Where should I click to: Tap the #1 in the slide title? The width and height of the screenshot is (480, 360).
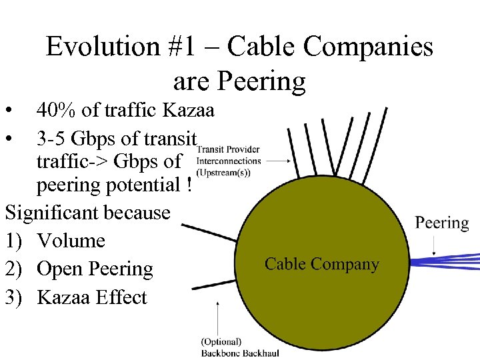[185, 47]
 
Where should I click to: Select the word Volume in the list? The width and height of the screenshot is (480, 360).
[71, 241]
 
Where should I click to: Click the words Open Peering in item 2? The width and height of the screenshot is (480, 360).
[95, 269]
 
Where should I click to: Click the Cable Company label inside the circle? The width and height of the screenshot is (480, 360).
[322, 264]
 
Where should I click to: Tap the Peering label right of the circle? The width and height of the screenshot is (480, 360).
[442, 223]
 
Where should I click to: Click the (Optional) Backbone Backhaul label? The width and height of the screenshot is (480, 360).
[240, 347]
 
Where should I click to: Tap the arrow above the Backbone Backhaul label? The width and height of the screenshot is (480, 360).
[219, 316]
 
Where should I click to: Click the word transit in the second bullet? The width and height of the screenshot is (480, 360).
[175, 139]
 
